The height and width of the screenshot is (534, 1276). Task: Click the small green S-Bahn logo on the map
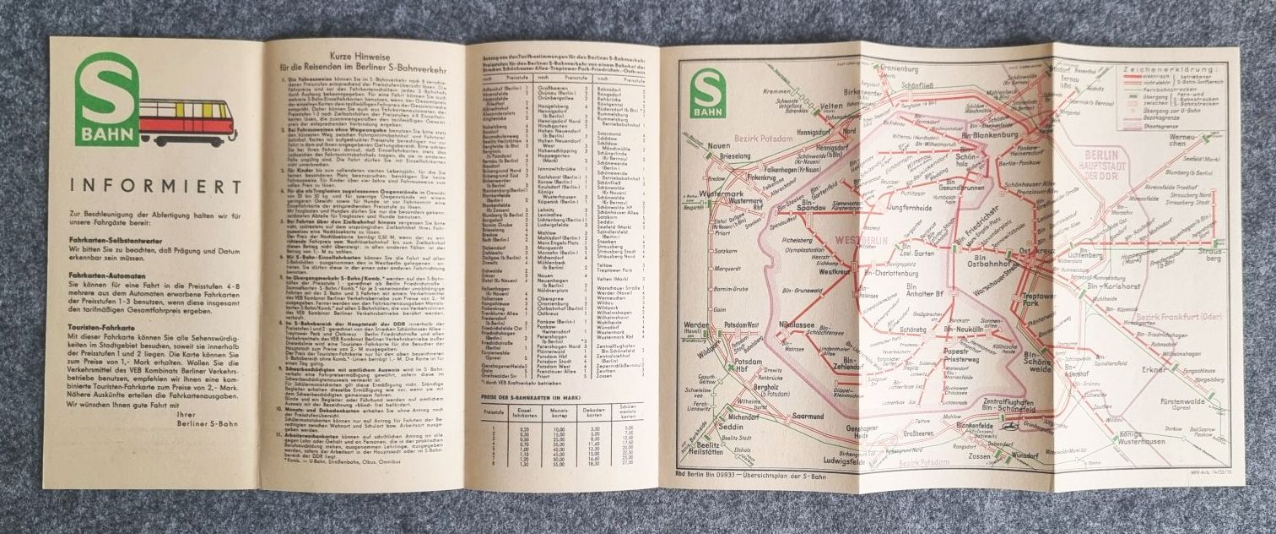click(x=707, y=92)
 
